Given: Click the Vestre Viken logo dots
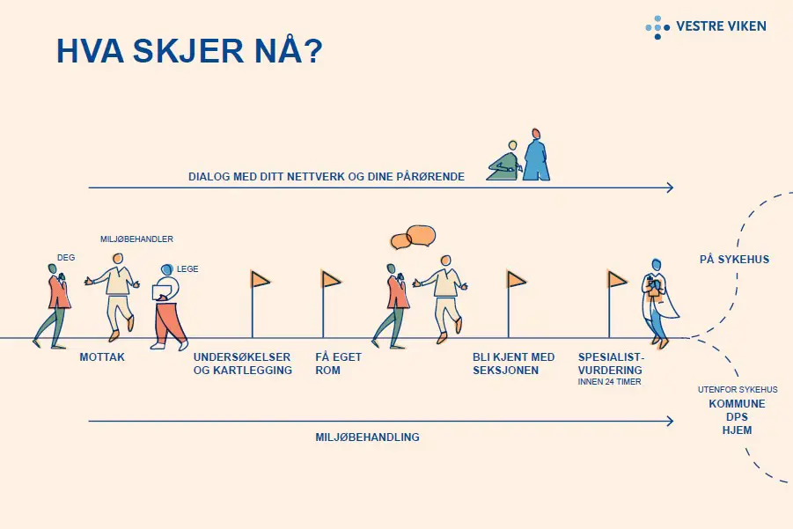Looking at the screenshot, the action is [x=657, y=27].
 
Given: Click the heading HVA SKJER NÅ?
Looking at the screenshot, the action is [x=189, y=50].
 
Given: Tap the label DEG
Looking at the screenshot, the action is [x=66, y=257].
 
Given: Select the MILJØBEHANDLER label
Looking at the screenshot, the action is [x=136, y=239].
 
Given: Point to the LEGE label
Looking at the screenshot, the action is [x=187, y=269].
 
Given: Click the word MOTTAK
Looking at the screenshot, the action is [x=102, y=357].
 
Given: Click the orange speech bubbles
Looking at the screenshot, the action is [x=413, y=237].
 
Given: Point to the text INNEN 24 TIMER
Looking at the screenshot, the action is [x=609, y=382].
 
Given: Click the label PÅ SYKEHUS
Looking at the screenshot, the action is [x=734, y=260].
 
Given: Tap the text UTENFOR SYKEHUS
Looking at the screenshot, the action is [x=738, y=389].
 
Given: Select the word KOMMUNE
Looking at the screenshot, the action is [x=737, y=404].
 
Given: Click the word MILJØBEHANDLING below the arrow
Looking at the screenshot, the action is [x=368, y=437].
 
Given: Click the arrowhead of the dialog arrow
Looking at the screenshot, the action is [x=671, y=187].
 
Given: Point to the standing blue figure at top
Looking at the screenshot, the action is [x=536, y=155].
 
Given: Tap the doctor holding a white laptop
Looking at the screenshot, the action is [x=168, y=306].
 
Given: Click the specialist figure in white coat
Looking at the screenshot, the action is [x=659, y=304].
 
